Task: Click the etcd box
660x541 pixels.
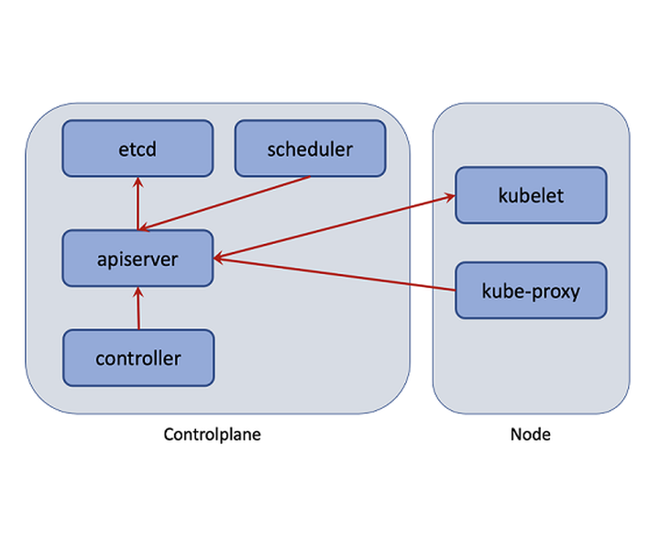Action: click(x=137, y=148)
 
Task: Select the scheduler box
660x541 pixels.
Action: click(x=310, y=148)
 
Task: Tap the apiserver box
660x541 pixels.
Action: click(x=137, y=259)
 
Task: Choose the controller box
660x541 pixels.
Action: click(x=137, y=358)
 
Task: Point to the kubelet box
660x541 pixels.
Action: click(x=531, y=195)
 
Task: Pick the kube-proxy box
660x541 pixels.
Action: click(x=531, y=291)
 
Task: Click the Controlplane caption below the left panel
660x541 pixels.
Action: click(x=212, y=435)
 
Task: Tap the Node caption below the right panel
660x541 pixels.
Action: click(x=530, y=435)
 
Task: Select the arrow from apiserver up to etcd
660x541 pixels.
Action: click(x=137, y=204)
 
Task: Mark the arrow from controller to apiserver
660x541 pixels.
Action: click(x=138, y=308)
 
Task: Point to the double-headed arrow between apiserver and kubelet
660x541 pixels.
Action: click(x=335, y=226)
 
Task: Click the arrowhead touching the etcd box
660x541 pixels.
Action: click(x=137, y=182)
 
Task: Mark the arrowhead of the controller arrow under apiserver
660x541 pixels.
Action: click(x=138, y=292)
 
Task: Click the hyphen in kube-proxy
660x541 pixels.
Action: click(x=531, y=293)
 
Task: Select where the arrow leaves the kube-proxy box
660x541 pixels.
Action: click(x=456, y=290)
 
